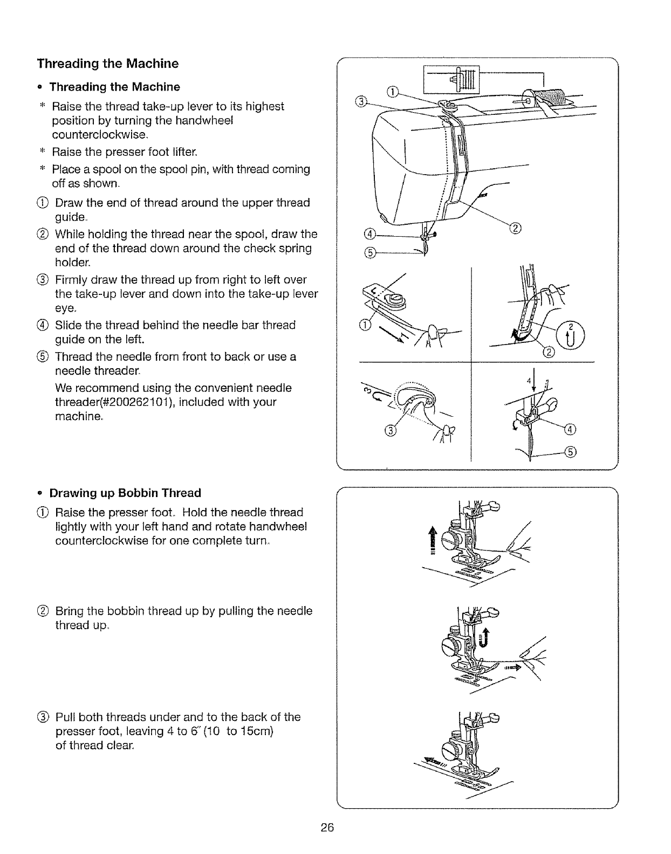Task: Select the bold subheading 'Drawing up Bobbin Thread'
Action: (x=125, y=493)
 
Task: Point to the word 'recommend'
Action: (x=105, y=388)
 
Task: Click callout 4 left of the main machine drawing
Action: (x=369, y=233)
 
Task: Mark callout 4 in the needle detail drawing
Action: (x=570, y=429)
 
